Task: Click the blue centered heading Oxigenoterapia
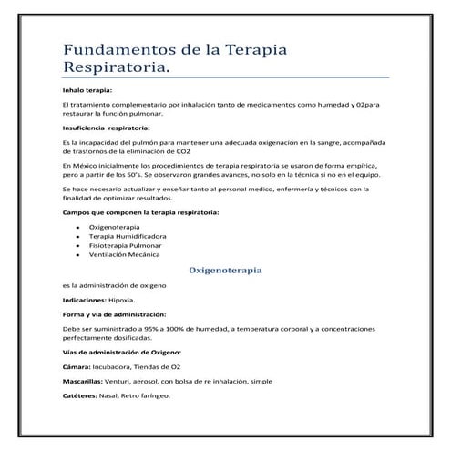(x=225, y=271)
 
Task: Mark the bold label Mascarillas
(x=82, y=381)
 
